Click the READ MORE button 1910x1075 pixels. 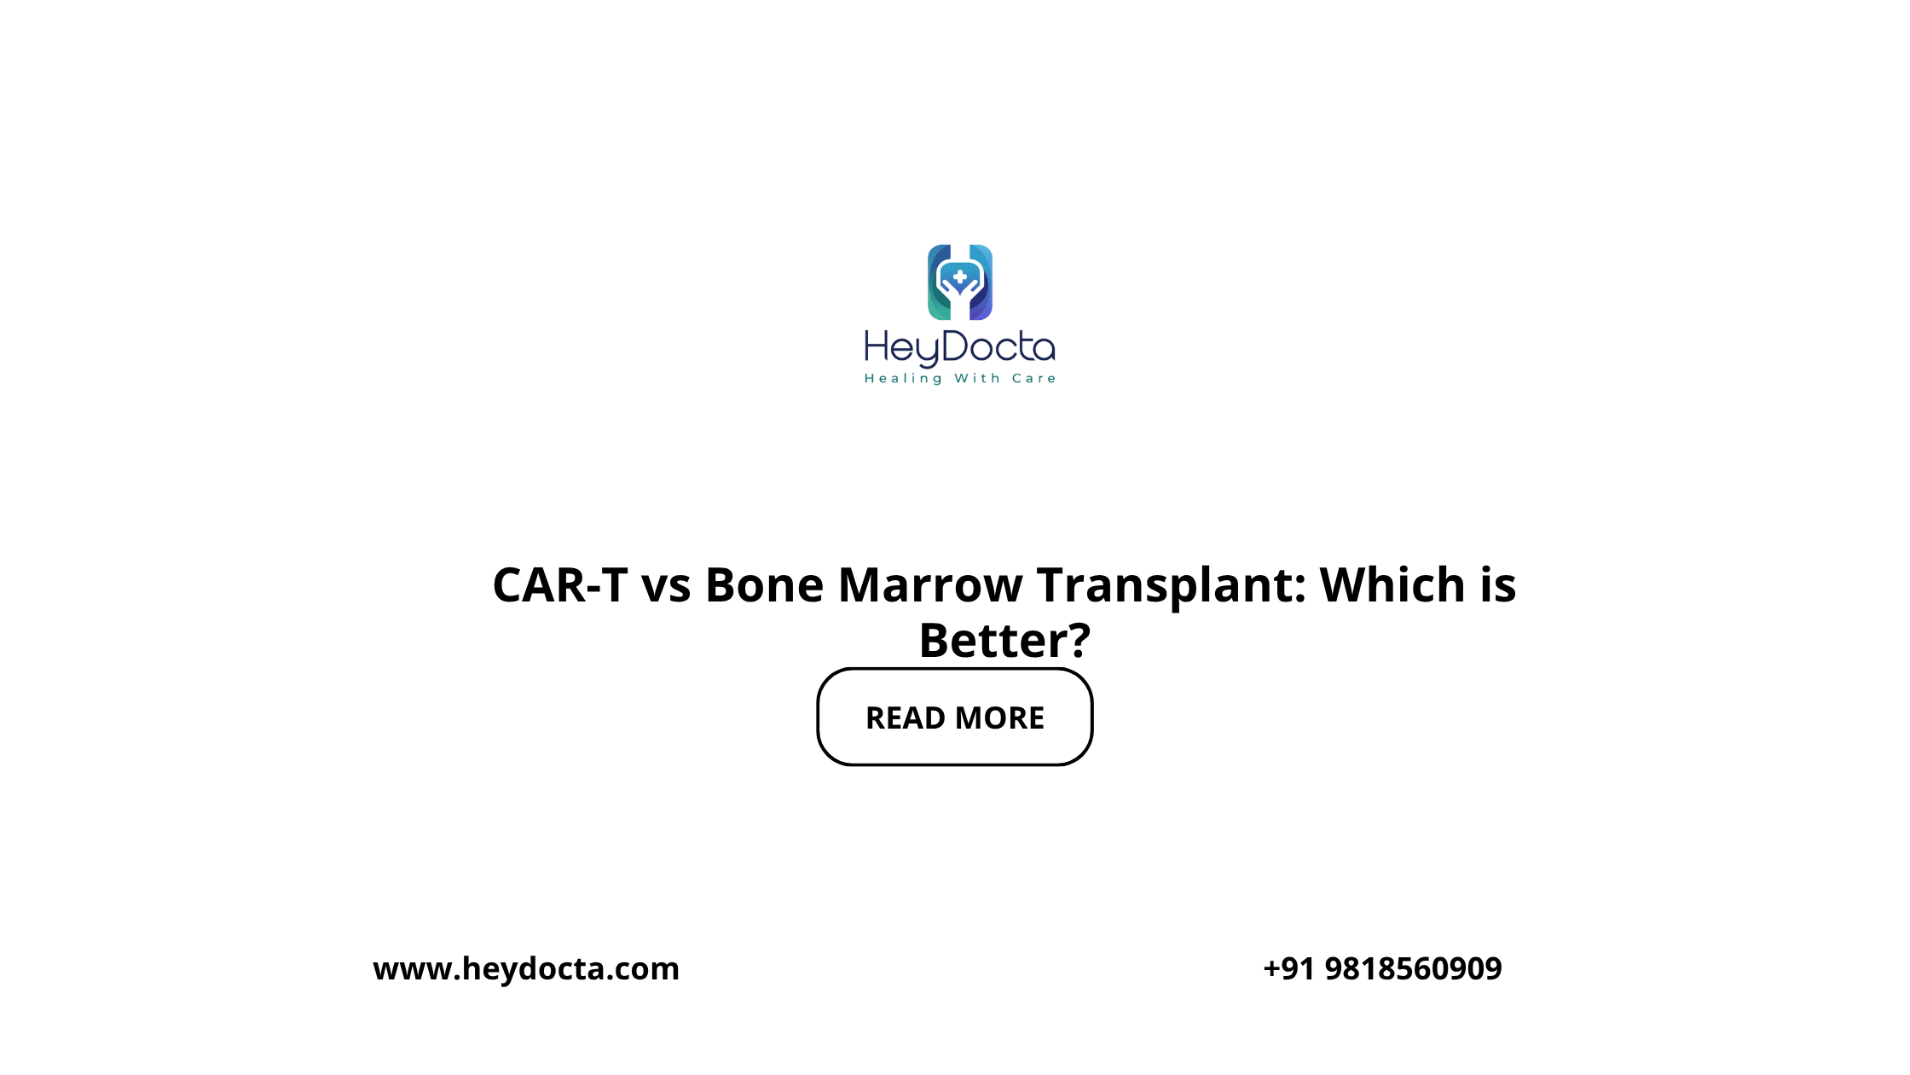(954, 717)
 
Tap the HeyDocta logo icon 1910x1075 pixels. (960, 282)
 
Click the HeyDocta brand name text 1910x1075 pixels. (960, 348)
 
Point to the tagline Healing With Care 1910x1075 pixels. (960, 378)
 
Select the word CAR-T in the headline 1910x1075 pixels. (560, 585)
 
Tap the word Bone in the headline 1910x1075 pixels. (764, 585)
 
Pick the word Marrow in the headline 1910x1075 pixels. (930, 585)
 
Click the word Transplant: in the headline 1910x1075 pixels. (1172, 587)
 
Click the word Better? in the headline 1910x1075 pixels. (1004, 640)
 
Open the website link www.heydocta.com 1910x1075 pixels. (526, 968)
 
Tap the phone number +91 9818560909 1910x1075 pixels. (1382, 968)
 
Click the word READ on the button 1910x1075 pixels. (906, 718)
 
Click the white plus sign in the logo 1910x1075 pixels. (960, 277)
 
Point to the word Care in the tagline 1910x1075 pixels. (1033, 378)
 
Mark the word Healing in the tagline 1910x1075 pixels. (903, 379)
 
